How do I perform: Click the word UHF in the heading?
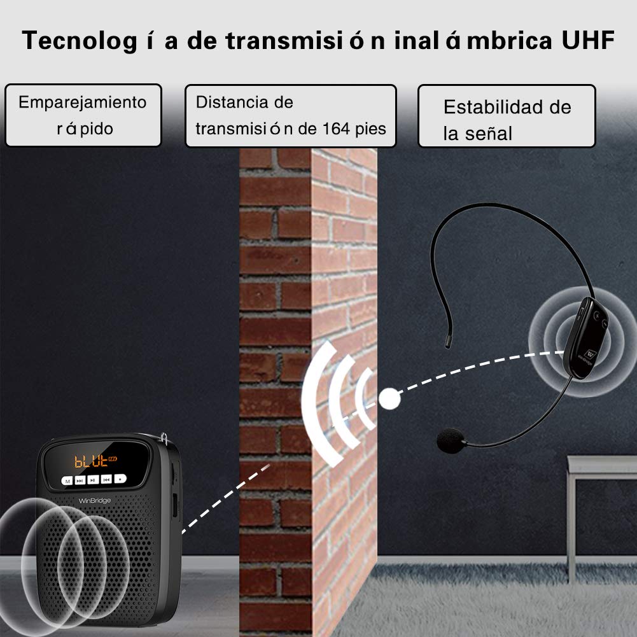click(x=587, y=40)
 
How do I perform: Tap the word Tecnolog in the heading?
click(x=80, y=41)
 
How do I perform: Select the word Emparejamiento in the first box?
click(x=83, y=102)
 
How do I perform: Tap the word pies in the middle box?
click(x=370, y=130)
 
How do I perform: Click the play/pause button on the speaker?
click(x=93, y=480)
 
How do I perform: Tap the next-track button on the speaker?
click(x=80, y=480)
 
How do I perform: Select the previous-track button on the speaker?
click(x=106, y=479)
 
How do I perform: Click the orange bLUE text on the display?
click(x=90, y=461)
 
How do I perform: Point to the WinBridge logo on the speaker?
click(x=94, y=500)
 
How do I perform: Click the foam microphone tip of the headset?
click(x=451, y=440)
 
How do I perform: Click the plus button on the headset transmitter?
click(x=597, y=315)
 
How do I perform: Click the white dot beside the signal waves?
click(x=389, y=398)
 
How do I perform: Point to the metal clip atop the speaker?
click(x=164, y=438)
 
